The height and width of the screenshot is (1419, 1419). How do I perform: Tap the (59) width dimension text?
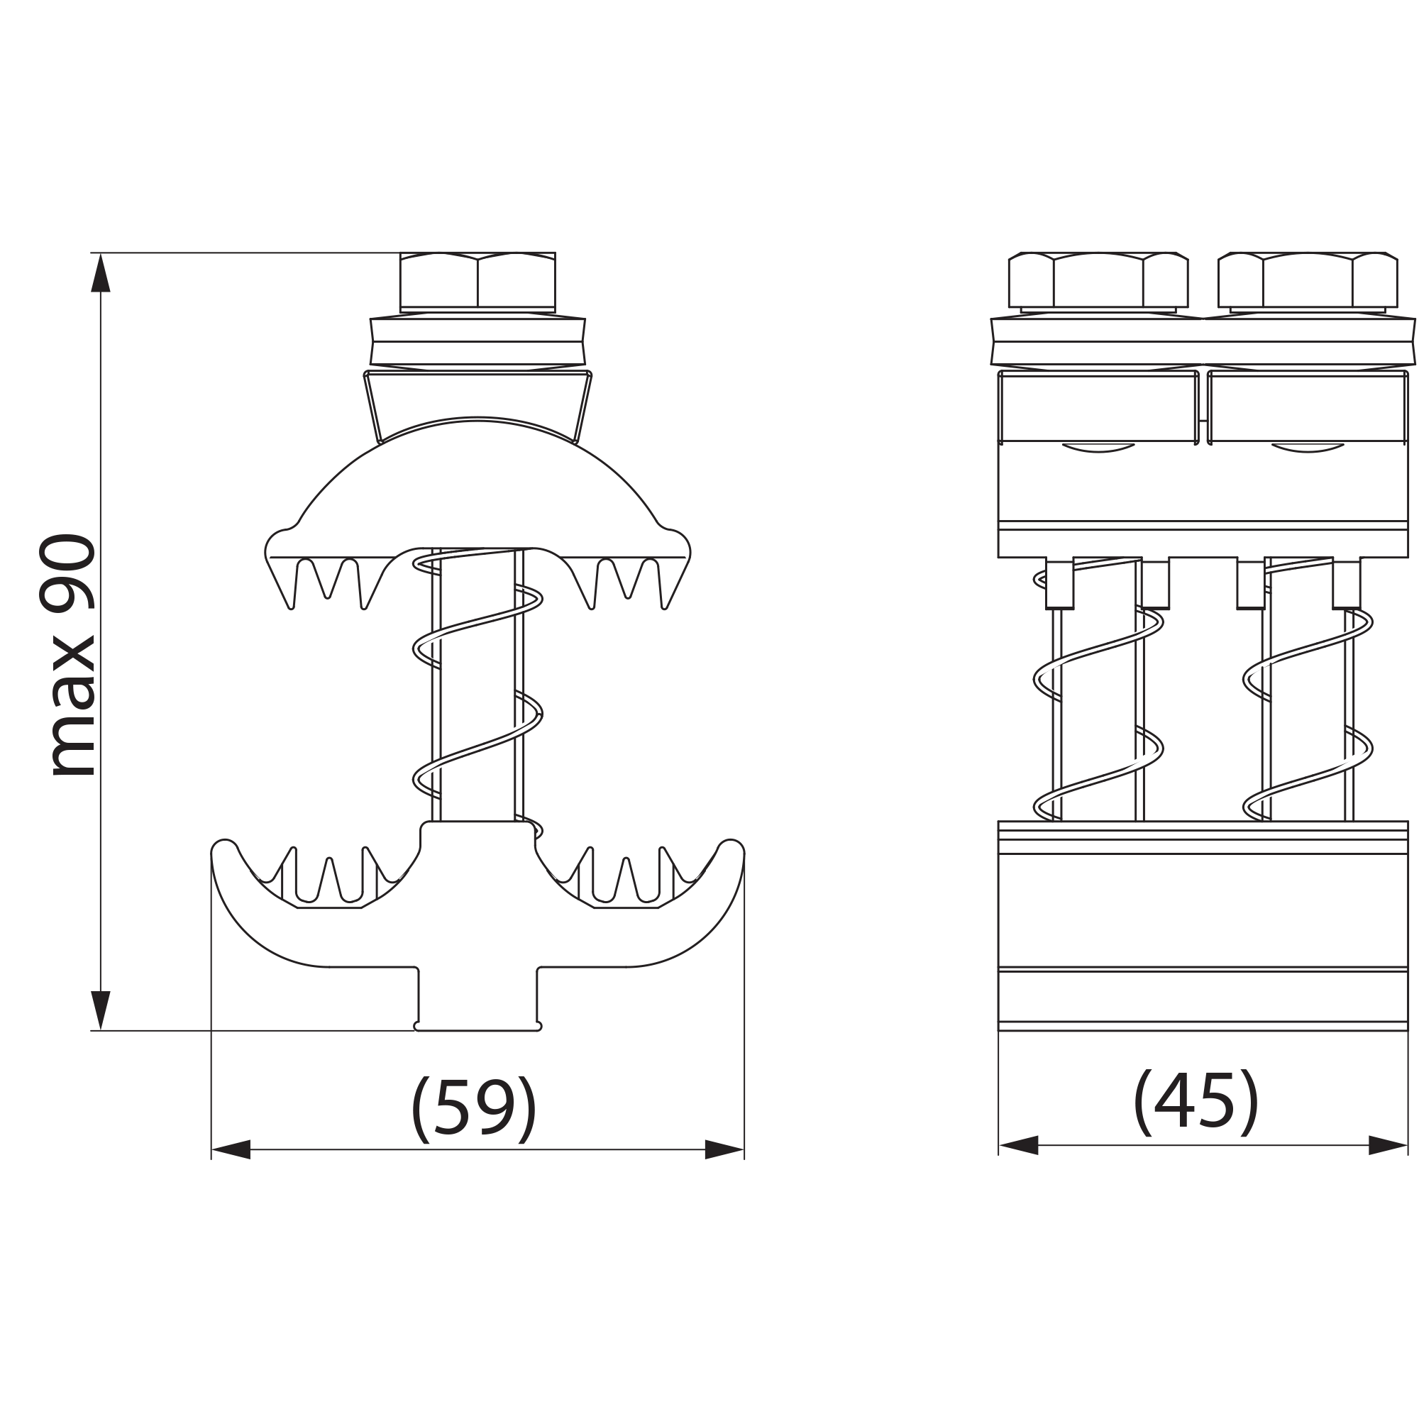tap(475, 1108)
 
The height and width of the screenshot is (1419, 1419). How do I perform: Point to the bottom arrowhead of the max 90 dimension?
tap(101, 1010)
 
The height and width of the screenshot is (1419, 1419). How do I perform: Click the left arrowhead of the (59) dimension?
tap(231, 1149)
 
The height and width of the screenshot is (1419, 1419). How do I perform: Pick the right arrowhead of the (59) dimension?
tap(724, 1149)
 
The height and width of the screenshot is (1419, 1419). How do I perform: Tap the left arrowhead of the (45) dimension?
tap(1019, 1145)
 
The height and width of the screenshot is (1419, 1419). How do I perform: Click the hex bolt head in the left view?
tap(477, 280)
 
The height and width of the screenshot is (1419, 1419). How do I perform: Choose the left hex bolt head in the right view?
tap(1098, 280)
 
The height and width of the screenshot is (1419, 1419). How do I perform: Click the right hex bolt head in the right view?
tap(1308, 280)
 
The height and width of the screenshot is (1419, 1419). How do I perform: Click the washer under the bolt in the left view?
tap(477, 341)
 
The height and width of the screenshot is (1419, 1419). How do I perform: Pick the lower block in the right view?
tap(1203, 925)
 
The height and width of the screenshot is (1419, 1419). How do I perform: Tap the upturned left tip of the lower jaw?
tap(225, 852)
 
